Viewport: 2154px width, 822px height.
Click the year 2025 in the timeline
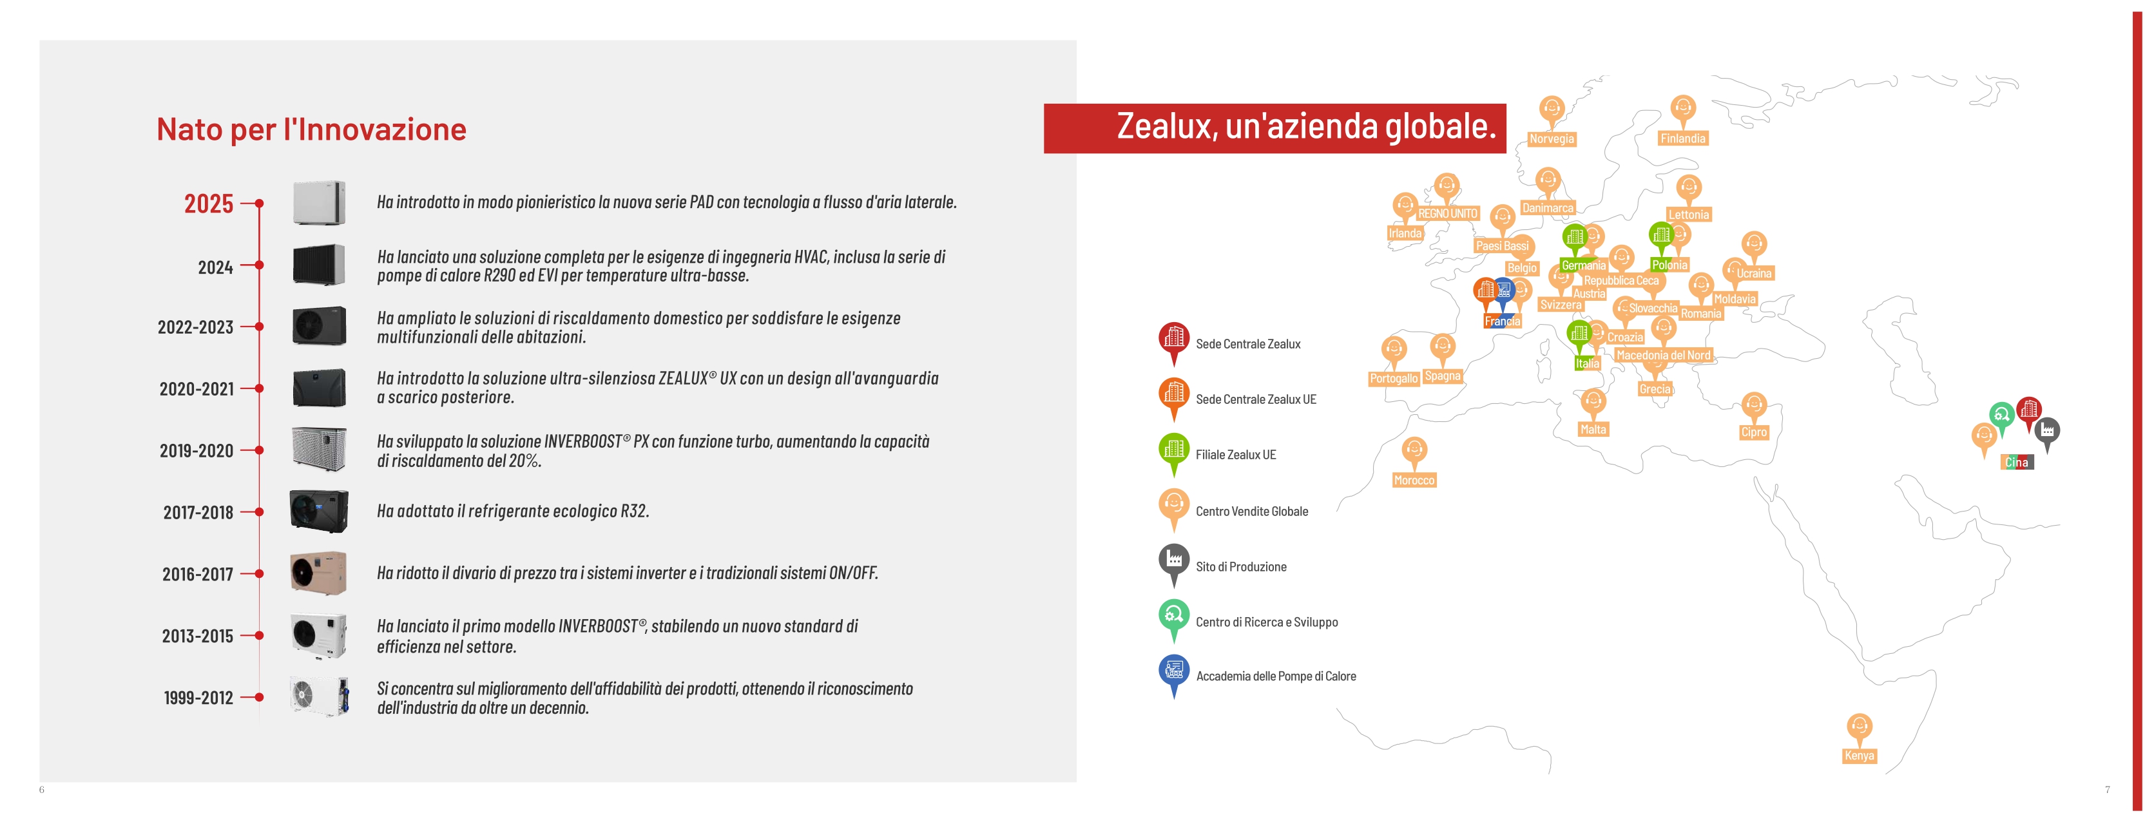click(x=208, y=203)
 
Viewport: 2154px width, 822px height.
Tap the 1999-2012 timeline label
click(x=198, y=698)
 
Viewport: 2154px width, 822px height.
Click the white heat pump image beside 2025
click(x=318, y=202)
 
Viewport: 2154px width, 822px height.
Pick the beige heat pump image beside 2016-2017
click(x=318, y=573)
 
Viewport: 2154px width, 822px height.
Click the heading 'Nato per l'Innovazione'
click(x=311, y=129)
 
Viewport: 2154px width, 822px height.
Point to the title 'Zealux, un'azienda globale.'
click(x=1306, y=126)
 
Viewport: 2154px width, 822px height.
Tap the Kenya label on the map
click(x=1859, y=756)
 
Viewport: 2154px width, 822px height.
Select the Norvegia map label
click(x=1551, y=139)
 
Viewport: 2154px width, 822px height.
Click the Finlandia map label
click(x=1682, y=139)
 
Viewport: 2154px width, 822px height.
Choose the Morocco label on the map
click(x=1414, y=480)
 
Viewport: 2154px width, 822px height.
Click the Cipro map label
click(x=1753, y=432)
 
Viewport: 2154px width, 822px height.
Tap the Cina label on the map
click(x=2016, y=463)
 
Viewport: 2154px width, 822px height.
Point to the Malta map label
click(x=1593, y=430)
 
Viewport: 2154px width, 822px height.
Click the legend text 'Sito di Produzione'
click(x=1241, y=567)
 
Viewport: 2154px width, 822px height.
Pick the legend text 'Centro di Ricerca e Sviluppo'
click(x=1267, y=622)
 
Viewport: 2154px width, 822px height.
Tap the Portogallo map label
click(x=1393, y=379)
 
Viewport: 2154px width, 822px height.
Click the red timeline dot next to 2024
click(x=259, y=265)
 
